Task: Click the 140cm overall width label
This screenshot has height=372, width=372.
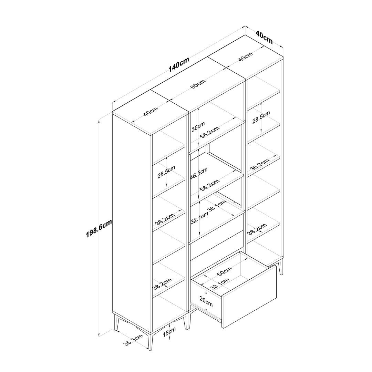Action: coord(179,64)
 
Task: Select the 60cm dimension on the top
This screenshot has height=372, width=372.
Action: coord(198,84)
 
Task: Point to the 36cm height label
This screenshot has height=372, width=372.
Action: coord(198,126)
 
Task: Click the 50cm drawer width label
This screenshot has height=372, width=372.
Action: coord(224,271)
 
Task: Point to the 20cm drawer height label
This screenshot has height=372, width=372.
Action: coord(206,302)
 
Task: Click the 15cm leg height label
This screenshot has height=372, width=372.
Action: coord(169,332)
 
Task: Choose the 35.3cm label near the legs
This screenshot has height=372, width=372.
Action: coord(133,340)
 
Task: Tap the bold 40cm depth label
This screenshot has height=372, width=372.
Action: coord(264,38)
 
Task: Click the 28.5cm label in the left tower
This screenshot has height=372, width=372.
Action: coord(166,172)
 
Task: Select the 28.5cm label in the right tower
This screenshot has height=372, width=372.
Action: coord(261,117)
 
